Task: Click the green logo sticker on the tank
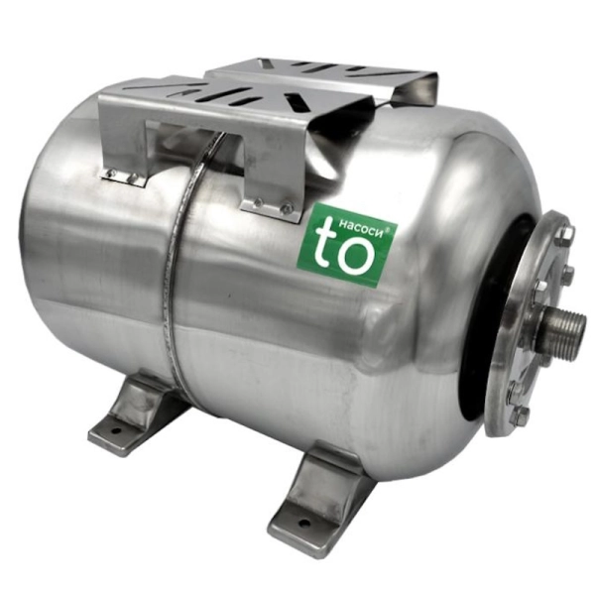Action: [348, 247]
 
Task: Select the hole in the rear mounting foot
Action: [116, 430]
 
